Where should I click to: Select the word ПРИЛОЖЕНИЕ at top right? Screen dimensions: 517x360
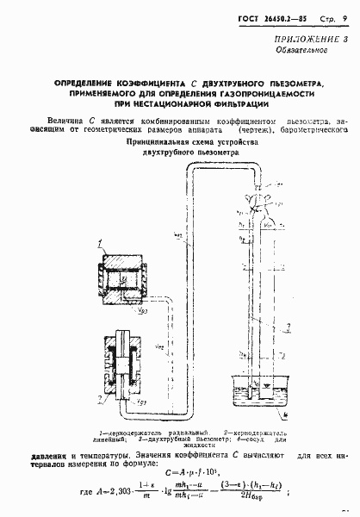[306, 40]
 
